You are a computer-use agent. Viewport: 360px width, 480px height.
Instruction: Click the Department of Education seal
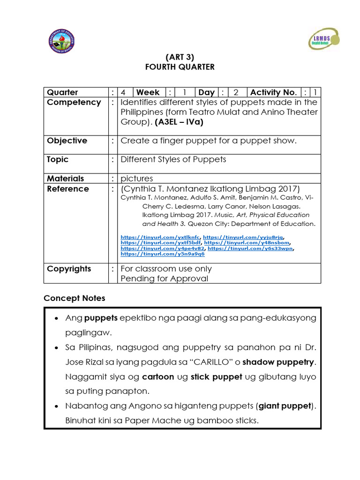pos(61,42)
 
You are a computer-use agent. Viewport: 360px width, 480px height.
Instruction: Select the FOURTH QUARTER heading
pos(180,67)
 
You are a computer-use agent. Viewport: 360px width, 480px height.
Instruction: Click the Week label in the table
pos(148,92)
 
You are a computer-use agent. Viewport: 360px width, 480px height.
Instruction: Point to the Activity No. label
pos(273,92)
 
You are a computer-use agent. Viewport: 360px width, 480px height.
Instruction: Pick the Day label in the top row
pos(206,92)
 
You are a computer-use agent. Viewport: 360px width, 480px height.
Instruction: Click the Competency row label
pos(74,102)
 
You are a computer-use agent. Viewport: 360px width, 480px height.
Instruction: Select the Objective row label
pos(67,141)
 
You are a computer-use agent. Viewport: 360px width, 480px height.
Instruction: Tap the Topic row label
pos(58,159)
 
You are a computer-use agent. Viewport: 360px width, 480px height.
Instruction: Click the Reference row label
pos(67,189)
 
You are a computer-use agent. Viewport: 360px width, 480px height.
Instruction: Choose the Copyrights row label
pos(69,269)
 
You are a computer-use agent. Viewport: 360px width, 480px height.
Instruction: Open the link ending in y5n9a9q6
pos(163,254)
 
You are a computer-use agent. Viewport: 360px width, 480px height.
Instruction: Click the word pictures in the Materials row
pos(137,179)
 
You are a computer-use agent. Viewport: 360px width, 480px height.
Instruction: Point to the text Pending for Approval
pos(164,278)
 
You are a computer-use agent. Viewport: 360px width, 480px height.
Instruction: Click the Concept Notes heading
pos(74,298)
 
